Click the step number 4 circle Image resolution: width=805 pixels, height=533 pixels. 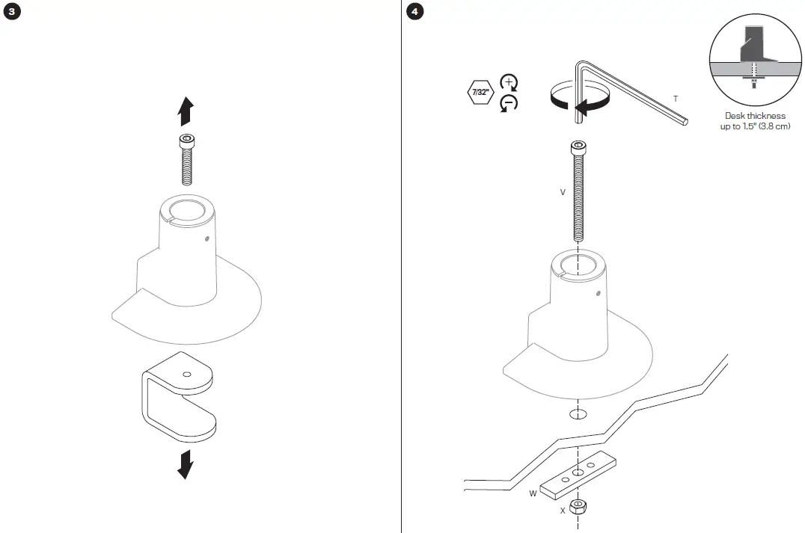(413, 13)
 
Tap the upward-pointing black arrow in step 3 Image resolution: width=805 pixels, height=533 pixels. (186, 111)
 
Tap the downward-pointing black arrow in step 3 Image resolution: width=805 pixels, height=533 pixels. (185, 463)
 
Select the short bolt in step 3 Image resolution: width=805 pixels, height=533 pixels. (186, 159)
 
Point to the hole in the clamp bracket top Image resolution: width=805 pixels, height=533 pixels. (186, 375)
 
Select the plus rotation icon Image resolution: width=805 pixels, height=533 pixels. (509, 83)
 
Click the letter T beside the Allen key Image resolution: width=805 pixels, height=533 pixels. (676, 99)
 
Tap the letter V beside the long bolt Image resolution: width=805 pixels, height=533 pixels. (563, 192)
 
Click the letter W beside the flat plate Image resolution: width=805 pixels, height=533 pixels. (533, 493)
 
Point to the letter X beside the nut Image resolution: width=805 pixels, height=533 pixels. (563, 511)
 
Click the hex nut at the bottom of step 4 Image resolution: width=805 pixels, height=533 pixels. (578, 508)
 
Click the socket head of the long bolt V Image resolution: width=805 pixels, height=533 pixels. (578, 147)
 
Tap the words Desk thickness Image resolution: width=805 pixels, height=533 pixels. (755, 116)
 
